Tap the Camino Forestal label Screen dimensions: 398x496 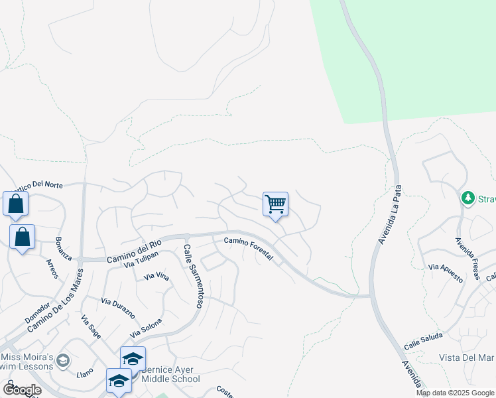pos(248,250)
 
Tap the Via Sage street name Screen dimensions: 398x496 pos(91,327)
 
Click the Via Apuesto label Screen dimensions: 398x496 pos(446,272)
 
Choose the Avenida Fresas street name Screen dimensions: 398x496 pos(467,257)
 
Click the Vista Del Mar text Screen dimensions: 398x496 pos(467,358)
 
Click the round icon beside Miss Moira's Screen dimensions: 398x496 pos(63,360)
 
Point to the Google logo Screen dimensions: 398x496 pos(22,390)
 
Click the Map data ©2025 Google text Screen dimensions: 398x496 pos(455,393)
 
